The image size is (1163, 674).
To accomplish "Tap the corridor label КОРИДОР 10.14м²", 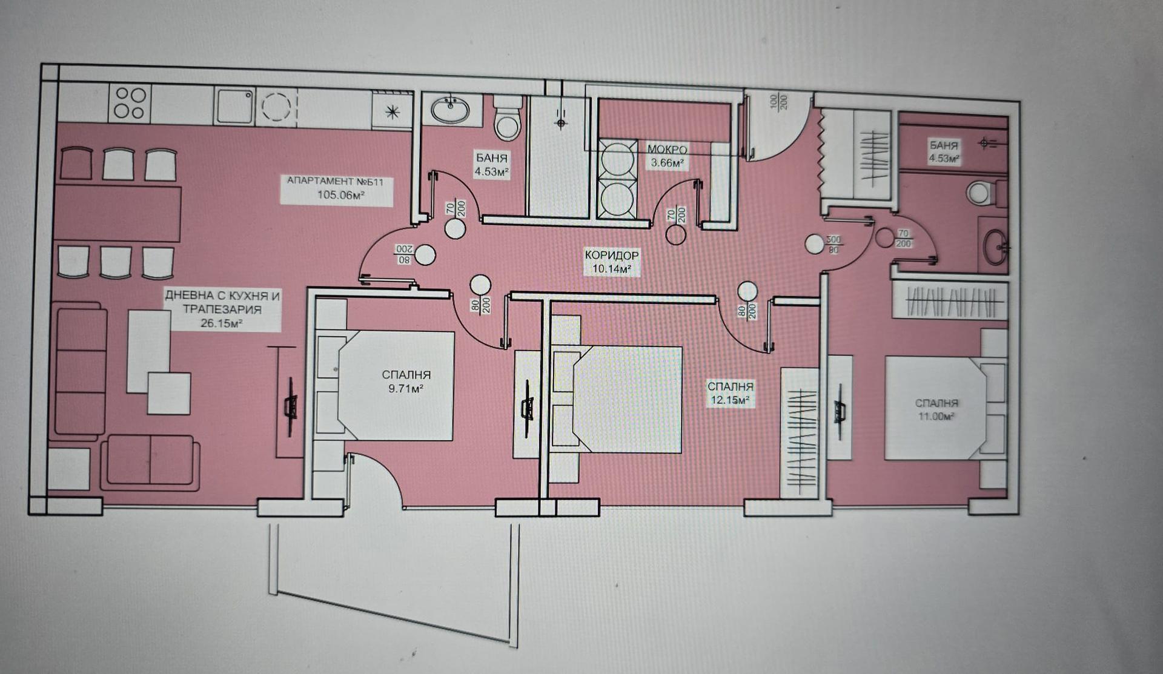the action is click(x=611, y=262).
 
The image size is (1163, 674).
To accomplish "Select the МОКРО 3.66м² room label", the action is click(x=667, y=156).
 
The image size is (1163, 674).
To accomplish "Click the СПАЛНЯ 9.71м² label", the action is click(x=406, y=382).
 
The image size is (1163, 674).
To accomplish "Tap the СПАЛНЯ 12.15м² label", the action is click(x=730, y=393).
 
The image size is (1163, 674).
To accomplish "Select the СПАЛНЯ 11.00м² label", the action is click(x=936, y=409).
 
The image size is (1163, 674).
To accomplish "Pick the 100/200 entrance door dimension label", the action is click(x=778, y=101).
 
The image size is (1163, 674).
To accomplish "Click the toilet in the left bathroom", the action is click(x=507, y=117).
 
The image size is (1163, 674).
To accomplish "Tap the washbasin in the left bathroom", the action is click(x=450, y=110).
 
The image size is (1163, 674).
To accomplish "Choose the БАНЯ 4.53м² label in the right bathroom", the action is click(x=944, y=151).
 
